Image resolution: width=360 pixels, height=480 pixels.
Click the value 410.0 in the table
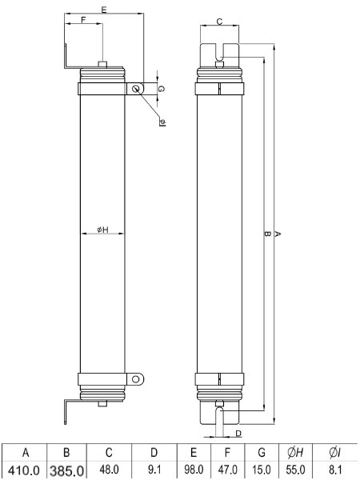(x=23, y=470)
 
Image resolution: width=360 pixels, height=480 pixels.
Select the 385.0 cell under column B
(x=66, y=470)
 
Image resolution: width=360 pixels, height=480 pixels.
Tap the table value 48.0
(x=109, y=470)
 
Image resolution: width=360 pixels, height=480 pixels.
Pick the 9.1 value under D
(x=154, y=470)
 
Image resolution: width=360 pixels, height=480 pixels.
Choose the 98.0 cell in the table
(x=194, y=470)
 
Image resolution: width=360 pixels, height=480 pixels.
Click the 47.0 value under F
(x=227, y=470)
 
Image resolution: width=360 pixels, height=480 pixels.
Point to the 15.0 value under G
(x=262, y=470)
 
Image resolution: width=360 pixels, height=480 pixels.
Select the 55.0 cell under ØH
(x=295, y=470)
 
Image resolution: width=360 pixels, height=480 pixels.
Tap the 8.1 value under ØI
(x=335, y=470)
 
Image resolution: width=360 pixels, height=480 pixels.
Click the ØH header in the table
(x=295, y=453)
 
